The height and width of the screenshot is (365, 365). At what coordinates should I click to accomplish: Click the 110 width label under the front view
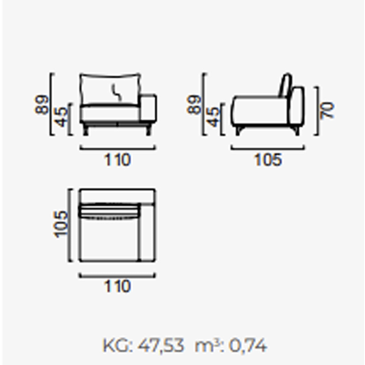tap(117, 160)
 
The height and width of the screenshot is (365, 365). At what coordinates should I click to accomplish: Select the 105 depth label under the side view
tap(268, 160)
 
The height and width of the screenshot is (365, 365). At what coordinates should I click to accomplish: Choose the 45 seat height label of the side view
tap(214, 117)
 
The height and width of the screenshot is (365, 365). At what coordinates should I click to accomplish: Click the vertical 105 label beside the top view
tap(61, 224)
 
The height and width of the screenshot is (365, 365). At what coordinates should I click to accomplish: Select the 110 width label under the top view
tap(117, 286)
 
